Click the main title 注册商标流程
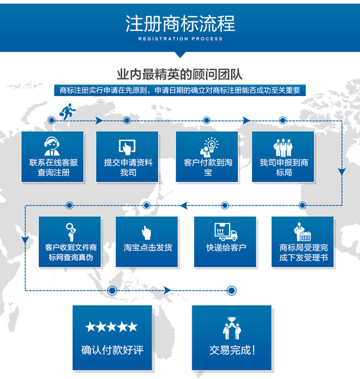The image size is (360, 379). click(180, 24)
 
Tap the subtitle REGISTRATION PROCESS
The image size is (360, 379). click(180, 39)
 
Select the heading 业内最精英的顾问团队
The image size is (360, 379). click(180, 74)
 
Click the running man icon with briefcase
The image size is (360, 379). click(66, 110)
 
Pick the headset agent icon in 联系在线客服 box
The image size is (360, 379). click(52, 145)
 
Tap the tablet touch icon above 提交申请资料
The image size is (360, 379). click(127, 146)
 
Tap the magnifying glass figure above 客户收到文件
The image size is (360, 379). click(71, 232)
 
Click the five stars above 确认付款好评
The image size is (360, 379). click(111, 327)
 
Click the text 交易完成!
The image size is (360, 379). click(232, 350)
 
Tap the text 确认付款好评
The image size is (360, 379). click(111, 350)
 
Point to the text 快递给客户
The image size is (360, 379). click(226, 248)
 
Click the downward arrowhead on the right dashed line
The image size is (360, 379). click(342, 170)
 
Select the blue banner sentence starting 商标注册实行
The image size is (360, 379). click(180, 90)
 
